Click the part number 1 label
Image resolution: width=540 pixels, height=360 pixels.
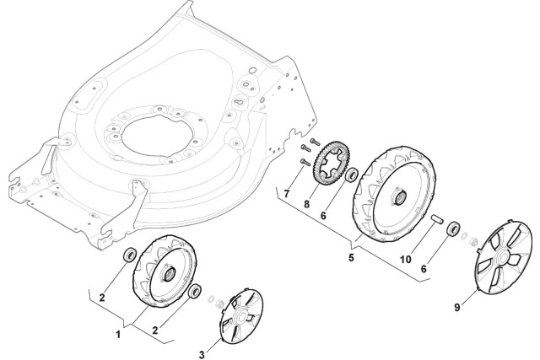pyautogui.click(x=117, y=336)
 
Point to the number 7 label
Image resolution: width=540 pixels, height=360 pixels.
pyautogui.click(x=287, y=195)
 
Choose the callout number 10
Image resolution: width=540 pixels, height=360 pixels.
pyautogui.click(x=407, y=261)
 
